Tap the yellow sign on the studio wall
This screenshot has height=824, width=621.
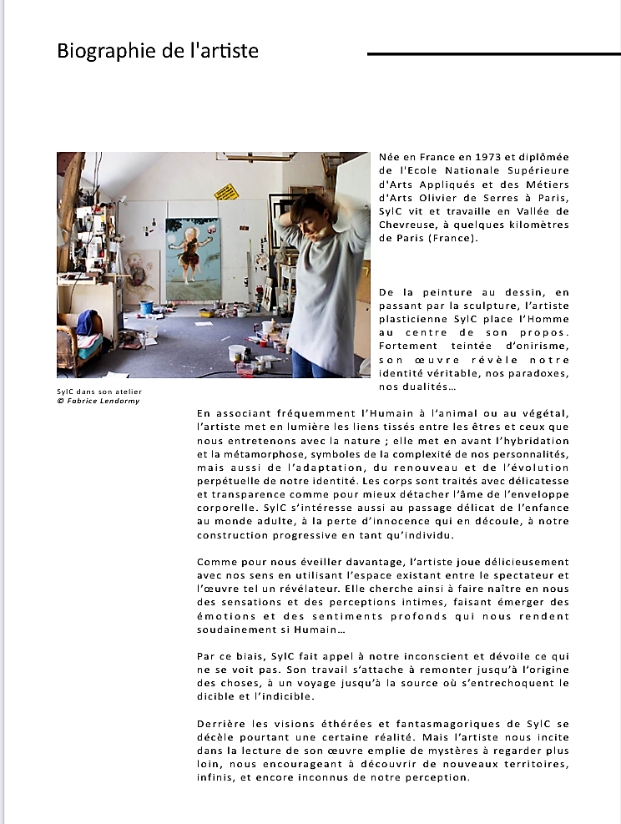click(x=225, y=192)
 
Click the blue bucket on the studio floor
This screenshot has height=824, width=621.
click(x=146, y=307)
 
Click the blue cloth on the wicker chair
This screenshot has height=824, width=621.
click(x=87, y=321)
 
